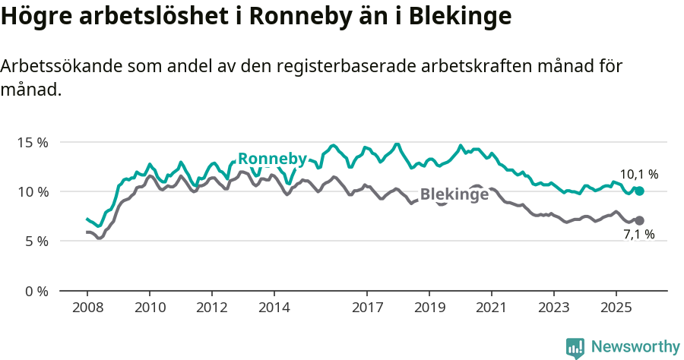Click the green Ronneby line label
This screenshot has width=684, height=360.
pyautogui.click(x=272, y=159)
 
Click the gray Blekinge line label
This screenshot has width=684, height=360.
pyautogui.click(x=454, y=194)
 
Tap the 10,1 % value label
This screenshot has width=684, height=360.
pyautogui.click(x=639, y=175)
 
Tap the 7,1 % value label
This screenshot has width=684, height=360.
pyautogui.click(x=639, y=235)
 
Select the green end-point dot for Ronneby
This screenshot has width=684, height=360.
pyautogui.click(x=640, y=191)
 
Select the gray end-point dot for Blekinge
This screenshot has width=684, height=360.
pyautogui.click(x=640, y=220)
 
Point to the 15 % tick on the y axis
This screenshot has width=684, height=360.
pyautogui.click(x=33, y=142)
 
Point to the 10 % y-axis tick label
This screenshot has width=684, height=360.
pyautogui.click(x=33, y=191)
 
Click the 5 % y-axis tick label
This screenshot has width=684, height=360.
pyautogui.click(x=36, y=242)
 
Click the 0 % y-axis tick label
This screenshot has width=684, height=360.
pyautogui.click(x=36, y=291)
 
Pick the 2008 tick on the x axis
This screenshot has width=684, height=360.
pyautogui.click(x=87, y=308)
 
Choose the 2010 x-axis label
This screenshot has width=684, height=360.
pyautogui.click(x=150, y=308)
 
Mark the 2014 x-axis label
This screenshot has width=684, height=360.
pyautogui.click(x=274, y=308)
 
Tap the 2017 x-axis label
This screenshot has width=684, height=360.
pyautogui.click(x=367, y=308)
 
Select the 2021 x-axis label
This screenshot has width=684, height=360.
pyautogui.click(x=492, y=308)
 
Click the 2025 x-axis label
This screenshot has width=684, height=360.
pyautogui.click(x=616, y=308)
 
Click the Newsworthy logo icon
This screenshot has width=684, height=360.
pyautogui.click(x=575, y=348)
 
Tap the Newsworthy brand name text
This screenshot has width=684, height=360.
pyautogui.click(x=635, y=347)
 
